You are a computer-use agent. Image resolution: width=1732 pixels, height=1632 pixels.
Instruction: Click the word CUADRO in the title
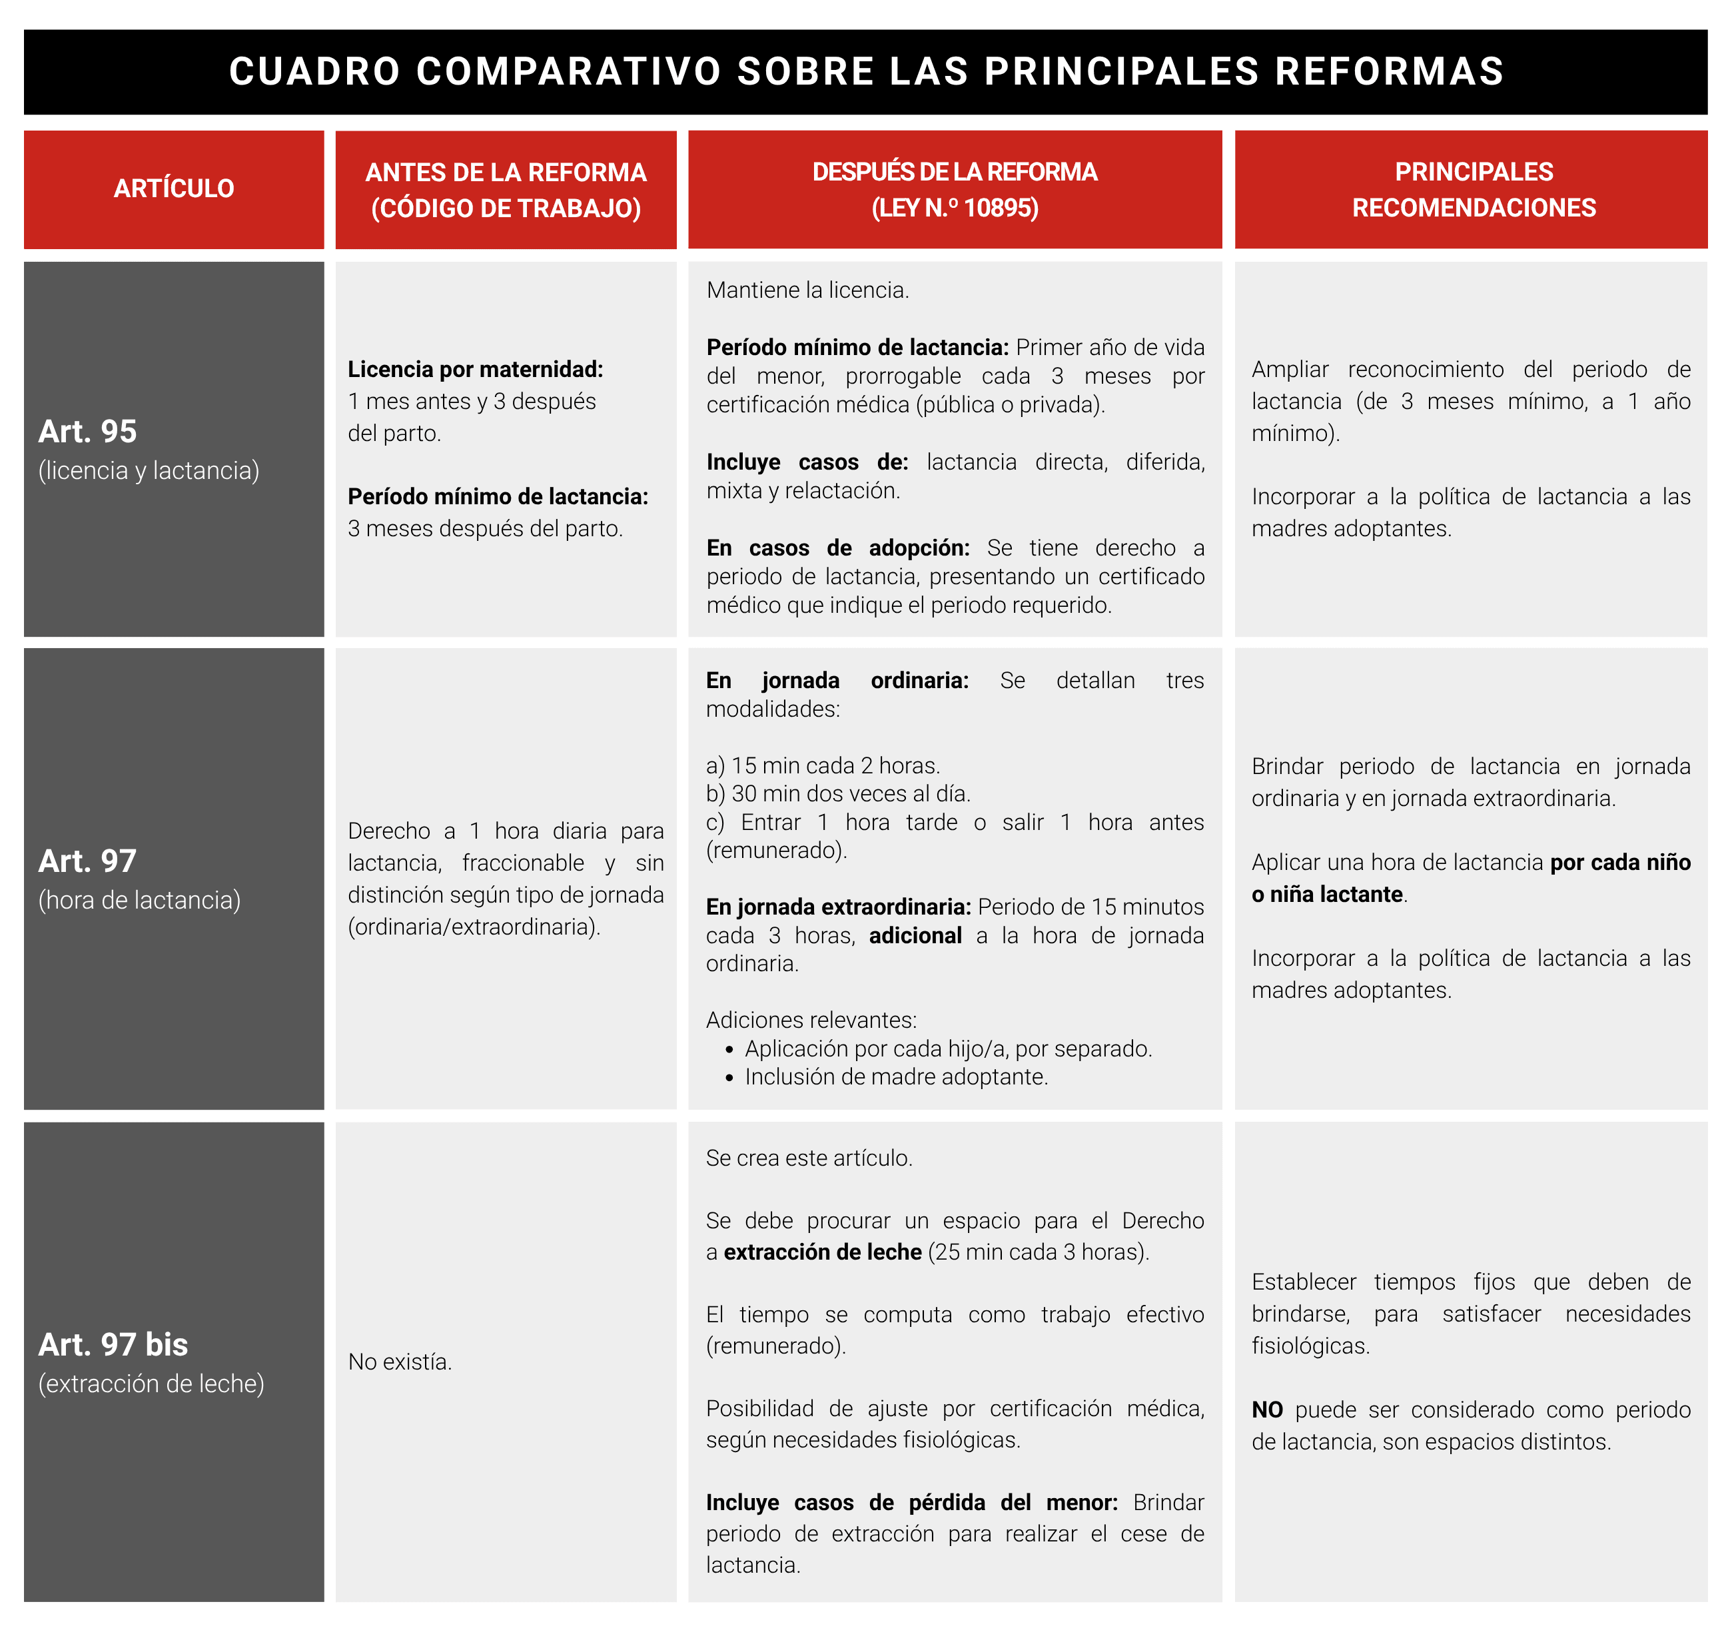tap(314, 71)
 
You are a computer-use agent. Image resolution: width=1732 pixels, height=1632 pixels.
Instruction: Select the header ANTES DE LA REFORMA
tap(506, 173)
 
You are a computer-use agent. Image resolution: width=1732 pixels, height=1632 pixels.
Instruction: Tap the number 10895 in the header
tap(1001, 208)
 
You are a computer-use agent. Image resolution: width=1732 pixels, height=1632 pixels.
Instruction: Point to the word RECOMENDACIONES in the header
tap(1474, 208)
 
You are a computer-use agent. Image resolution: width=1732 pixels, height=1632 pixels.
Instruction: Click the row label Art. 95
tap(87, 431)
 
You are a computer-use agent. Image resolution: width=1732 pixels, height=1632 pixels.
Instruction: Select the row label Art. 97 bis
tap(113, 1344)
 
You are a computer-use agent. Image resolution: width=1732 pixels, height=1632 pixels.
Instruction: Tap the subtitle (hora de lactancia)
tap(139, 900)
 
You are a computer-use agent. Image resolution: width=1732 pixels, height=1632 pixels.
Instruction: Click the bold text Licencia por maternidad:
tap(475, 370)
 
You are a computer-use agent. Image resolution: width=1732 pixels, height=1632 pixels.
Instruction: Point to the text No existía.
tap(400, 1362)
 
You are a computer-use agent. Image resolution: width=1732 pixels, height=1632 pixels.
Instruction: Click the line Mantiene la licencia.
tap(807, 290)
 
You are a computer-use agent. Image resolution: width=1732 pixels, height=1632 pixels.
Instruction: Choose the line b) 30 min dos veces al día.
tap(837, 794)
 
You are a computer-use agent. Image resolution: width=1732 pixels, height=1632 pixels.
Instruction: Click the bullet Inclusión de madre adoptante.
tap(895, 1077)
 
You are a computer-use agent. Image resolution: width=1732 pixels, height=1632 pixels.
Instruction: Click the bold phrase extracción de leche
tap(823, 1252)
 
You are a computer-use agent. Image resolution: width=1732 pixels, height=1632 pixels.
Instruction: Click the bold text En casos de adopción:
tap(837, 548)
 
